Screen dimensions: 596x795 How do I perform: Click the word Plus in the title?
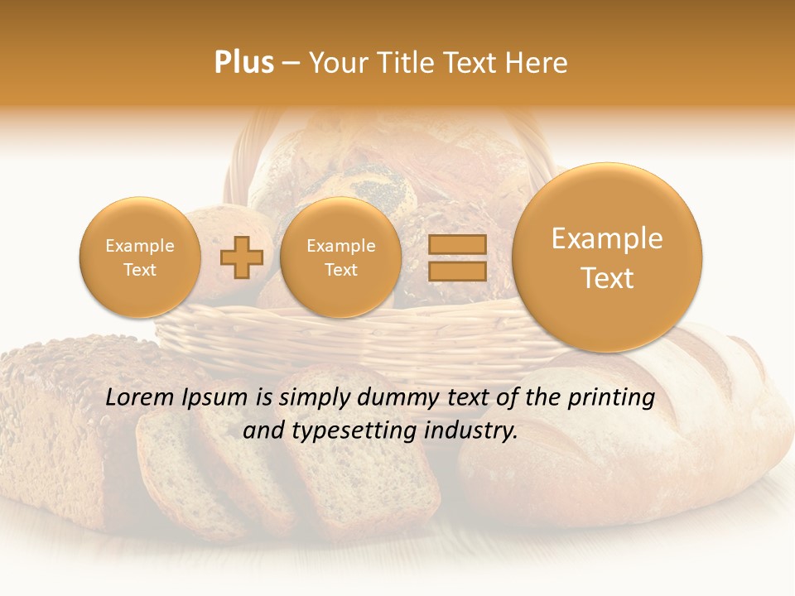(243, 63)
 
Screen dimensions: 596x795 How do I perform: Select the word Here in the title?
(538, 63)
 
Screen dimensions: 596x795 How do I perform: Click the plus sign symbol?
(241, 258)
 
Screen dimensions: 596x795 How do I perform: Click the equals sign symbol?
(456, 258)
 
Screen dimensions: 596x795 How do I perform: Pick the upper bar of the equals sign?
(456, 244)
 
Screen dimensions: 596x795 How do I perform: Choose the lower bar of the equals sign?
(456, 272)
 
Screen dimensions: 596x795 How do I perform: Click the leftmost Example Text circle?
(139, 257)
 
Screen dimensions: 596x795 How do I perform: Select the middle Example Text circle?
(340, 257)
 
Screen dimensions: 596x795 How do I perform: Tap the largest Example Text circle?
(607, 257)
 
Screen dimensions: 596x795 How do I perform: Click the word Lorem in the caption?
(137, 397)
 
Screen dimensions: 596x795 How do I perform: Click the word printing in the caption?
(613, 398)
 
